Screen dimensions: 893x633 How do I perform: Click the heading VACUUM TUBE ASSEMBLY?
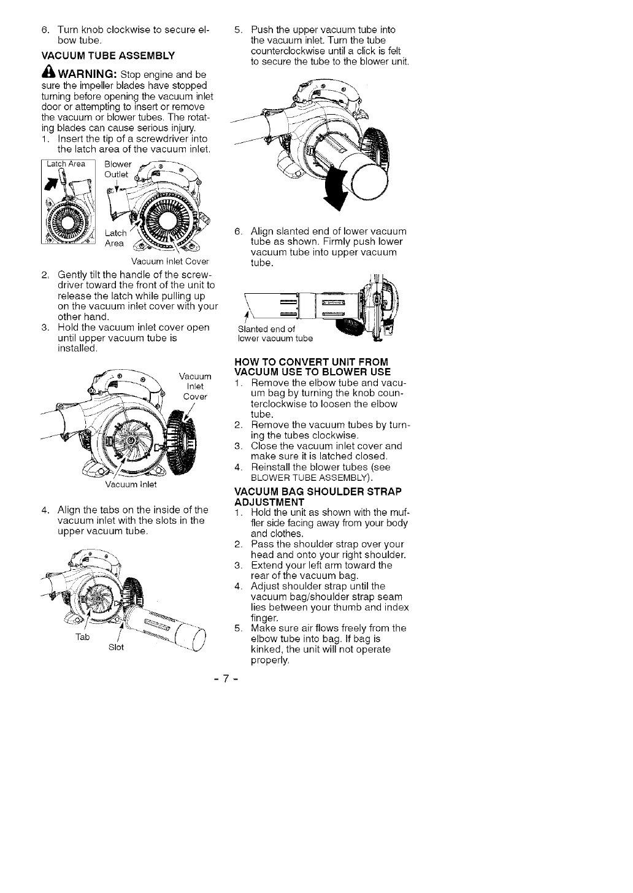click(107, 56)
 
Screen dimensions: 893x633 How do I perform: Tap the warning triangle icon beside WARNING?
click(49, 72)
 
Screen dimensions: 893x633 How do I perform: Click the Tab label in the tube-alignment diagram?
click(82, 637)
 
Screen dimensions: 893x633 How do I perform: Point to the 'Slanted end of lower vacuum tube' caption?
click(275, 334)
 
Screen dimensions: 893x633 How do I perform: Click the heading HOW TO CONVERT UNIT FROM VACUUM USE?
click(312, 366)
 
